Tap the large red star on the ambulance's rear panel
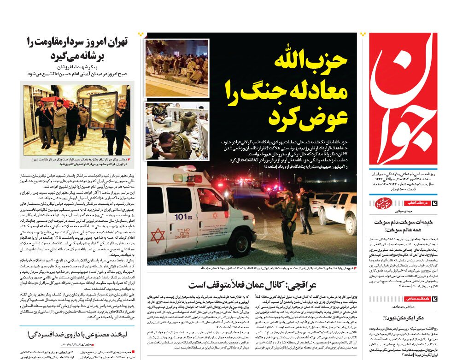click(x=158, y=235)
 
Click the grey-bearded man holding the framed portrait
click(x=121, y=119)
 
